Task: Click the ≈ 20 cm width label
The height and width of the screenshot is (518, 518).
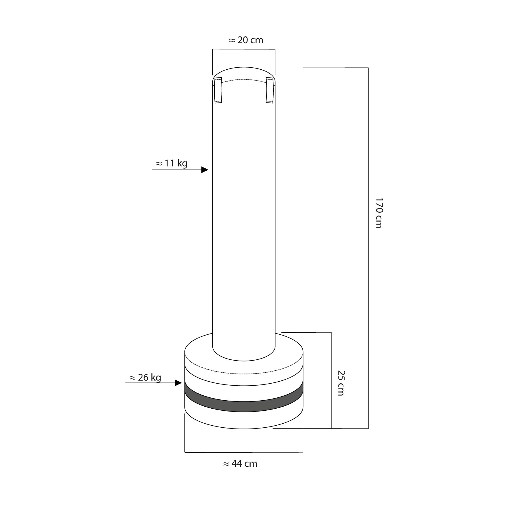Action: click(246, 40)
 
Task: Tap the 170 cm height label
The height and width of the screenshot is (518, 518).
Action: click(379, 213)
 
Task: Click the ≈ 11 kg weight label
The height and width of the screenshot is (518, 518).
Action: click(172, 163)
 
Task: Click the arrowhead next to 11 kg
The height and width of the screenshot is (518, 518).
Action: click(205, 170)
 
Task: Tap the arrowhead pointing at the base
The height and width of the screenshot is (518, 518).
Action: click(178, 383)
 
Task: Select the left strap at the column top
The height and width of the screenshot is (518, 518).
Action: click(218, 90)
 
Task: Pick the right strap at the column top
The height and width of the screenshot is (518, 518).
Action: click(270, 90)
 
